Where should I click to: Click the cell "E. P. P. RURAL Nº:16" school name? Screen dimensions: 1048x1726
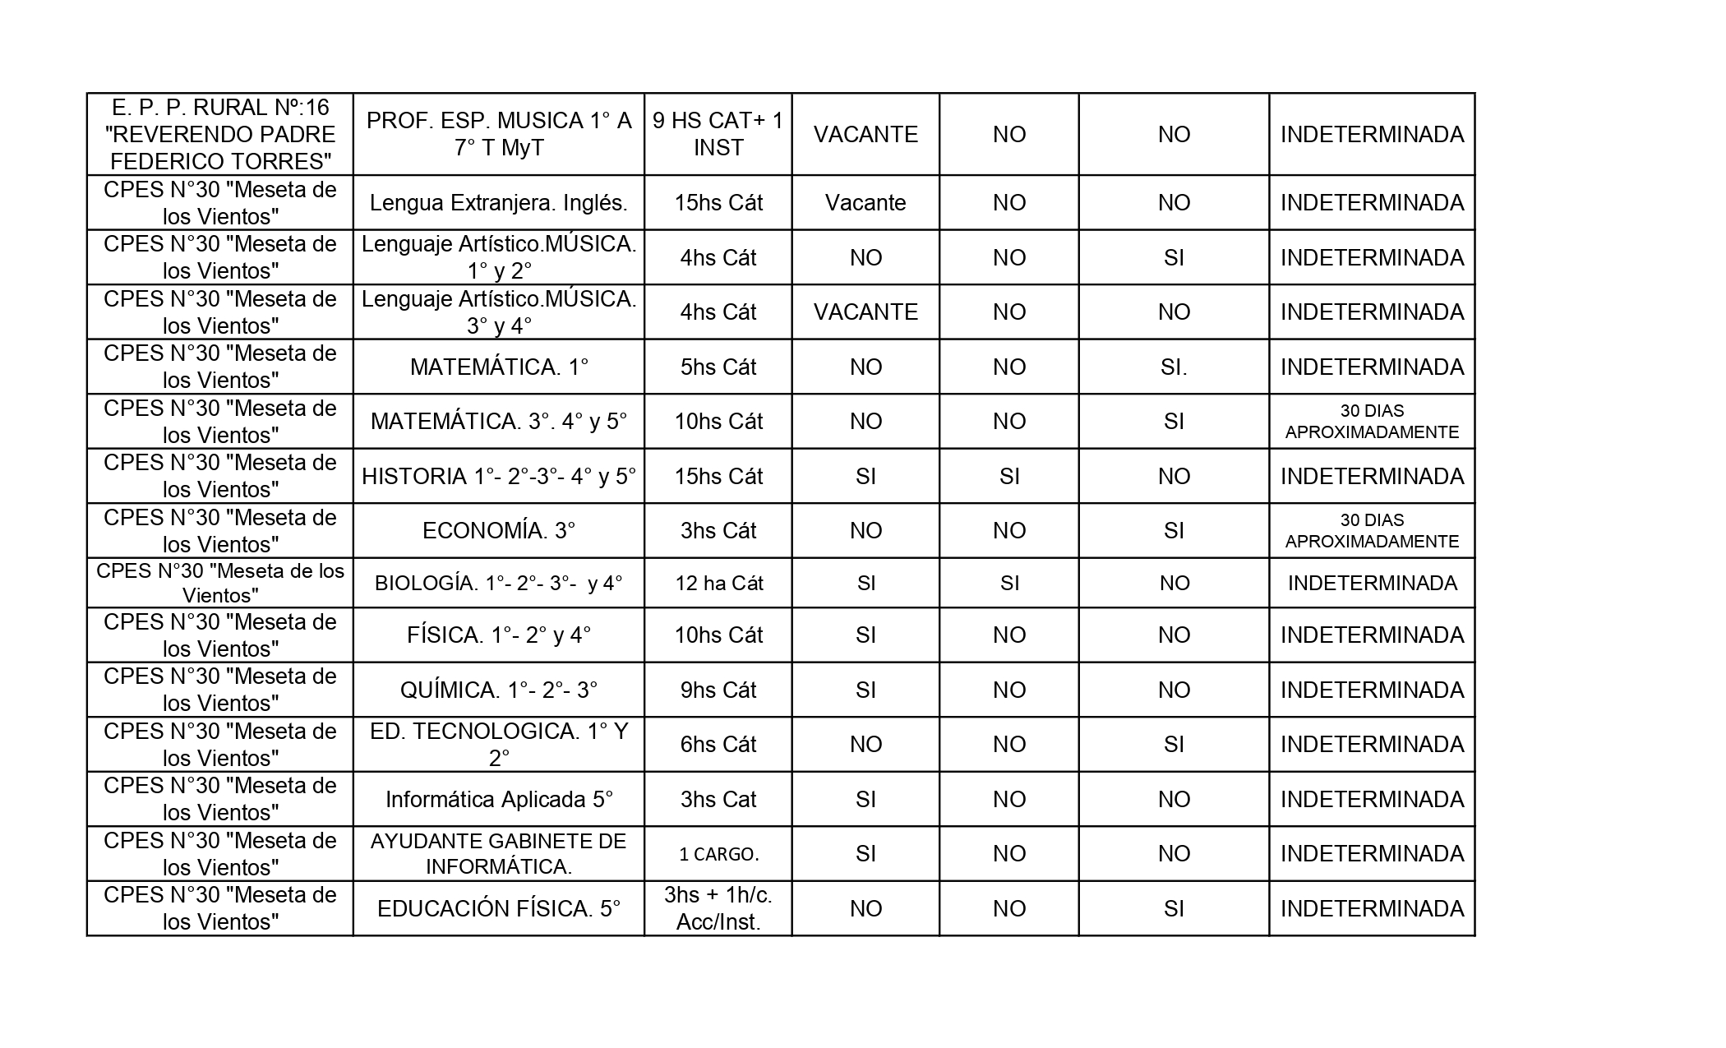coord(220,134)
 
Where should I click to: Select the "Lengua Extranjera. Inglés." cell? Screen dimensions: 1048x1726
coord(498,203)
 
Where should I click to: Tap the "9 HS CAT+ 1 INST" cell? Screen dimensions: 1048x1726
coord(718,134)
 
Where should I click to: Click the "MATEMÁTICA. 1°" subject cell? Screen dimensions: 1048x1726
coord(498,367)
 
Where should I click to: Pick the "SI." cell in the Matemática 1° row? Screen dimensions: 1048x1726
coord(1173,367)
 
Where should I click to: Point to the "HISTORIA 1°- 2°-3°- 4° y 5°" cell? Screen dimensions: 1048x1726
coord(498,476)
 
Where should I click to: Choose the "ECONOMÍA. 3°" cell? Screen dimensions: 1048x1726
coord(498,531)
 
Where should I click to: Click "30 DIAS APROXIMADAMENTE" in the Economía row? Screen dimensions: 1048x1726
coord(1371,531)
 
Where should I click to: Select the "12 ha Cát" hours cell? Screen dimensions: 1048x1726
coord(718,584)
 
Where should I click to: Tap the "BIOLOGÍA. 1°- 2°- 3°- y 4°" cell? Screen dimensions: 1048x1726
coord(498,584)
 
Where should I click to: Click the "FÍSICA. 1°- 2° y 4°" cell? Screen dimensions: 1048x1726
coord(498,635)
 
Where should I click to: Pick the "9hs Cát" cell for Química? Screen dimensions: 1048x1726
coord(718,690)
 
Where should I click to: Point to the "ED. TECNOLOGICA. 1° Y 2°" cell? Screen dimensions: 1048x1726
coord(498,745)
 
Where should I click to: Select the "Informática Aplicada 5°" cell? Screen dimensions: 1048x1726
coord(498,799)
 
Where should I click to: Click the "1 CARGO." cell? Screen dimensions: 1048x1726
coord(718,854)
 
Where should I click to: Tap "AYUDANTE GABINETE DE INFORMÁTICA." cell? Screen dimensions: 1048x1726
coord(498,854)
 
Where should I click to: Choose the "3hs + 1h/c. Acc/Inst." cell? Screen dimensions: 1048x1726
coord(718,908)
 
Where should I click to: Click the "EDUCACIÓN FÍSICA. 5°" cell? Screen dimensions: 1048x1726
coord(498,908)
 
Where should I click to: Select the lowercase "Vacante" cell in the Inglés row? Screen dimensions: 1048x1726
coord(865,203)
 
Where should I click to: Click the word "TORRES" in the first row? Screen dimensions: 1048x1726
coord(283,161)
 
